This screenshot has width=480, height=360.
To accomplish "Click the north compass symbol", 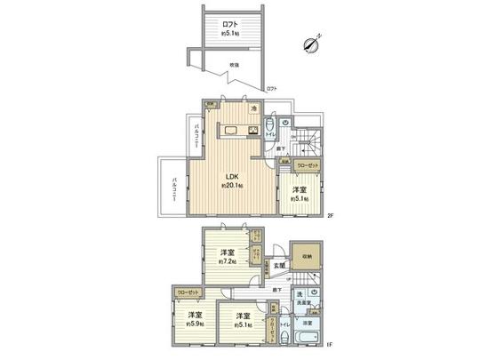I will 310,43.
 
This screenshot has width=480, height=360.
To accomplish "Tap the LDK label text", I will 230,175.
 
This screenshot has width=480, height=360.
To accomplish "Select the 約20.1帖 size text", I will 234,187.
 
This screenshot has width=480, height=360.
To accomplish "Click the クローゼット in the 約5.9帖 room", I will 188,292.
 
